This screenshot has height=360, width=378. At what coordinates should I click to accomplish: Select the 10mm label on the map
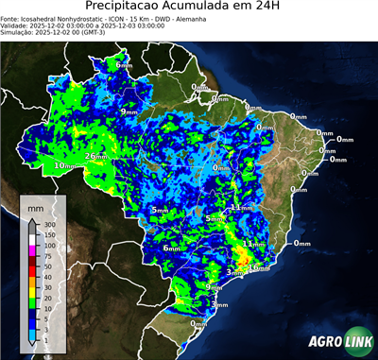tap(64, 166)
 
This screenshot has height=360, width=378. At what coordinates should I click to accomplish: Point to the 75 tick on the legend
tap(47, 255)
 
